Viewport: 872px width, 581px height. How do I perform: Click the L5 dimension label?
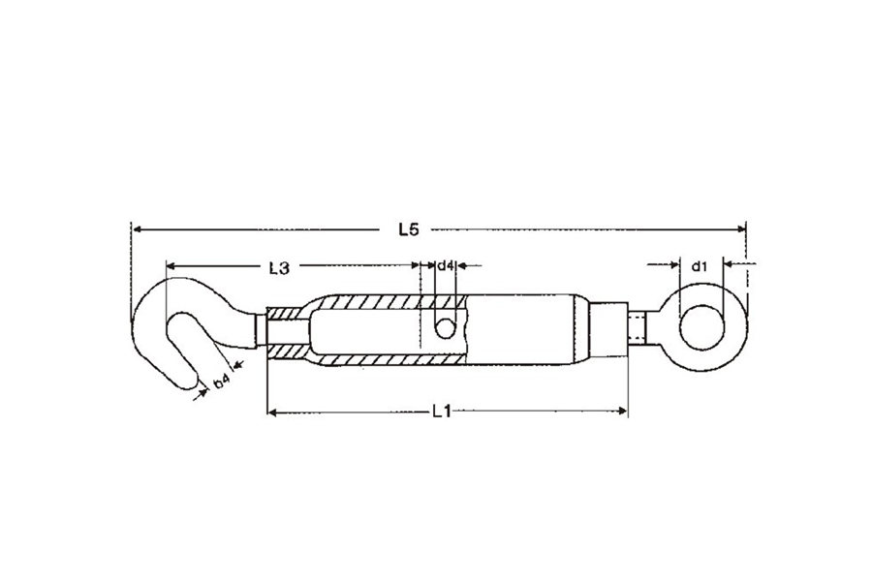[408, 229]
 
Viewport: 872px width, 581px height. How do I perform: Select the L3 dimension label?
[279, 268]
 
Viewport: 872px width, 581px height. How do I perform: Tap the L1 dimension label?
[441, 412]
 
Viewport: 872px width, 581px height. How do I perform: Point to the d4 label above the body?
[446, 265]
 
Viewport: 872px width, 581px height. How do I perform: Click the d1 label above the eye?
[699, 267]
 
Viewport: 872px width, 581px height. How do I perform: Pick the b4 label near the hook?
[221, 381]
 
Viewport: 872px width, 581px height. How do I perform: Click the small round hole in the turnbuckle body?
[444, 328]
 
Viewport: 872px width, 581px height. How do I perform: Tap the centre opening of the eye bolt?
[701, 328]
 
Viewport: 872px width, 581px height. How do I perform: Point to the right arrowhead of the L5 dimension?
[740, 229]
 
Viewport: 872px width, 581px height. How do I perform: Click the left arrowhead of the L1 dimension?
[272, 412]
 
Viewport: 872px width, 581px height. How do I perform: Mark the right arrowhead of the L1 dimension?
[622, 412]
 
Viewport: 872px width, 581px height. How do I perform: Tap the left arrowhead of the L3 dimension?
[171, 265]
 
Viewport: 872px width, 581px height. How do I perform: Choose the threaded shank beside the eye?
[637, 328]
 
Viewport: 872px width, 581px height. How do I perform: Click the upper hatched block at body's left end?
[288, 314]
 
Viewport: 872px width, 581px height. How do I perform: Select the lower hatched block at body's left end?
[288, 352]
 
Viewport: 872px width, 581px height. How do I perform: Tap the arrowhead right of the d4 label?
[461, 266]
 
